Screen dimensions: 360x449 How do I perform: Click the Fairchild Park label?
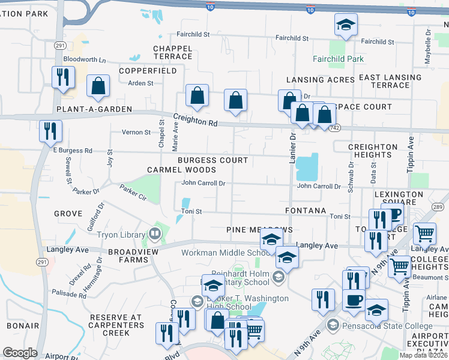click(338, 59)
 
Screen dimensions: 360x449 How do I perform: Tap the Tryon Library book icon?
click(155, 234)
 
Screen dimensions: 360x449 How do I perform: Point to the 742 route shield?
click(336, 128)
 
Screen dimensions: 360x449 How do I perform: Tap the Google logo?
click(20, 353)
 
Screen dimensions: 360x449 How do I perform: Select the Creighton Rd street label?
click(195, 120)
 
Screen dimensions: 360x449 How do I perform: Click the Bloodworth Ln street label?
click(84, 60)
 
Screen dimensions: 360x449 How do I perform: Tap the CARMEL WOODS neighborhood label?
click(173, 170)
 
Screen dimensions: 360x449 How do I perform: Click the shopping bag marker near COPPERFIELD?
click(98, 86)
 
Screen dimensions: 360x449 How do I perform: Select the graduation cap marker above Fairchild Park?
click(346, 26)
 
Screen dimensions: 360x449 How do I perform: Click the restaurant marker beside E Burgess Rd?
click(50, 131)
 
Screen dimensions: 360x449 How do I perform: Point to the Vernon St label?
click(136, 132)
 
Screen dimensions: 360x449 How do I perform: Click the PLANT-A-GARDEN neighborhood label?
click(85, 109)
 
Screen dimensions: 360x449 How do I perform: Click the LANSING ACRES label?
click(321, 80)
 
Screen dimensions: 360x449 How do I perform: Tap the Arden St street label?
click(141, 83)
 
